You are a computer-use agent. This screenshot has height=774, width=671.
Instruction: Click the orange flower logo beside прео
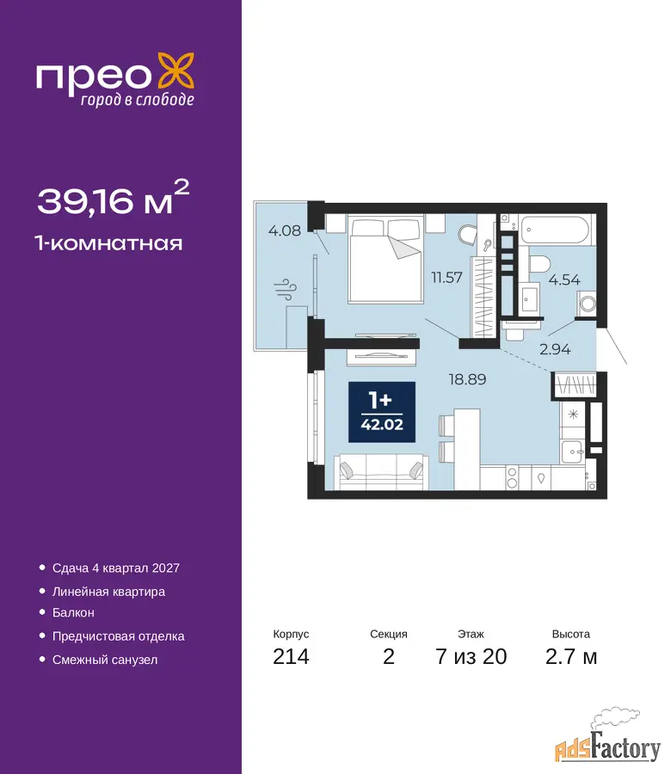175,72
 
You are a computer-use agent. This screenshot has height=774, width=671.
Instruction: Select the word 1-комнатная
108,243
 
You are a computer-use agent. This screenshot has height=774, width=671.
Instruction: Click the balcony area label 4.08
285,230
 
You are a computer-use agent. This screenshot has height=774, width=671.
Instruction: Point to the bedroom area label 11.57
446,278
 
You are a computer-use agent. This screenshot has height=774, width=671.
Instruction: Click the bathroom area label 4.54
564,279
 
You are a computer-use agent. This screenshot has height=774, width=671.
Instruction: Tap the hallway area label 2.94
555,349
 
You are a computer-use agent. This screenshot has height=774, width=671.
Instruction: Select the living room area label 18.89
467,379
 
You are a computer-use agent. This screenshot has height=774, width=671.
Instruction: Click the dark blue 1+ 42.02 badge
382,412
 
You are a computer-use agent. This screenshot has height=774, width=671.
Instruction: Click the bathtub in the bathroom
556,230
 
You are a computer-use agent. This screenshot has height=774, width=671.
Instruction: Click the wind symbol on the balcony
286,289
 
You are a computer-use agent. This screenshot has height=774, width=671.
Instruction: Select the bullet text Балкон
73,612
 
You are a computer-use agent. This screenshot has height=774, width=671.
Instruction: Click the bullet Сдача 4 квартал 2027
116,568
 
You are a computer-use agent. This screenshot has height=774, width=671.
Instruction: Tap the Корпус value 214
291,657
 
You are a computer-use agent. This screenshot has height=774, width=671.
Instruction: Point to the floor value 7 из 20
471,657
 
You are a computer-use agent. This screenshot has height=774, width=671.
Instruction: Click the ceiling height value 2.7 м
571,657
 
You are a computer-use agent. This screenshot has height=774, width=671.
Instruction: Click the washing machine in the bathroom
588,303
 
